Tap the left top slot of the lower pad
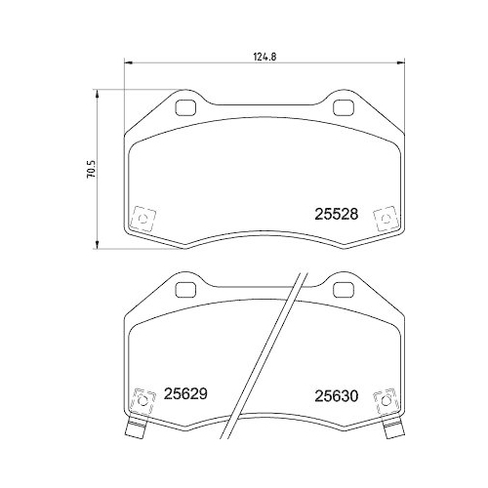[184, 289]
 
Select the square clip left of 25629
[143, 399]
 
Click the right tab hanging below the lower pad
[395, 427]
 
